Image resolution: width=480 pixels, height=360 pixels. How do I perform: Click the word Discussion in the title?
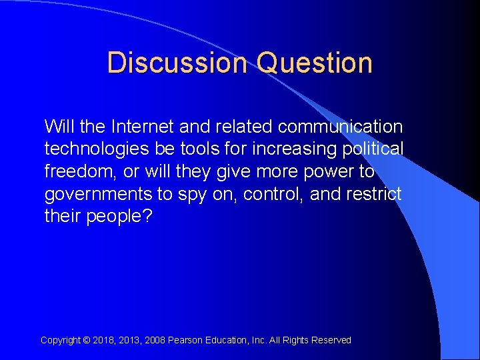pyautogui.click(x=177, y=63)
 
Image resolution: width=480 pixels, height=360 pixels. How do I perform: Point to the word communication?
pyautogui.click(x=341, y=127)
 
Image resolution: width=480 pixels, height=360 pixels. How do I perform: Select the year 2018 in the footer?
pyautogui.click(x=104, y=340)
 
